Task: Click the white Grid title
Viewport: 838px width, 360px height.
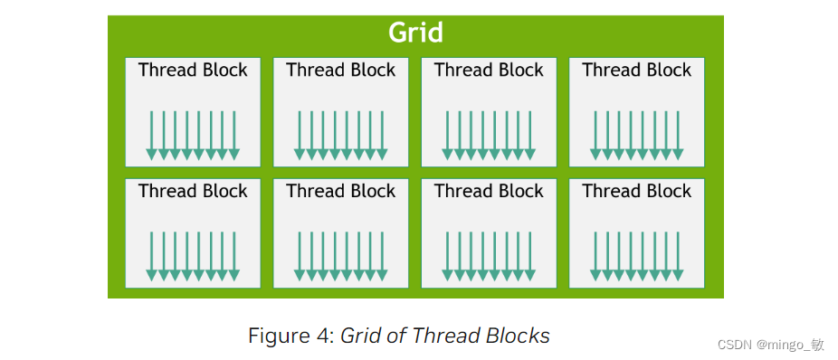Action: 415,33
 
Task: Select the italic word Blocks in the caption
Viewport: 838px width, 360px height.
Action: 517,336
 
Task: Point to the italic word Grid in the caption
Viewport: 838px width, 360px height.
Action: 360,336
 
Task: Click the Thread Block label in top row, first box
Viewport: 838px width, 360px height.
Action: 193,71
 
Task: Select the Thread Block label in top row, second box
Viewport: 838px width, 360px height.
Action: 341,71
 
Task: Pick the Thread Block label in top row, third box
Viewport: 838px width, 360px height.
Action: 489,71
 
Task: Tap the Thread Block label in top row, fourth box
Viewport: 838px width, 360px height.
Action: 637,71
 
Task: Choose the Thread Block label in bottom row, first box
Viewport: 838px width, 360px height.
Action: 193,192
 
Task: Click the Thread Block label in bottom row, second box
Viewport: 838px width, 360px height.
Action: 341,192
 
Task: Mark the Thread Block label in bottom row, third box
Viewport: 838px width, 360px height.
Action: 489,192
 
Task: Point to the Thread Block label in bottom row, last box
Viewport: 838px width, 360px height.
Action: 637,192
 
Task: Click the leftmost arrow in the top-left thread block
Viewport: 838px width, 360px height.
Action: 152,135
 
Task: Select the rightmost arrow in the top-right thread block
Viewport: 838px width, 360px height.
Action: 678,135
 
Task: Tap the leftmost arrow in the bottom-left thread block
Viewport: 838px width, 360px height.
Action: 152,256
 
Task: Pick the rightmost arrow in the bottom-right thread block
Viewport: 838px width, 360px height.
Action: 678,256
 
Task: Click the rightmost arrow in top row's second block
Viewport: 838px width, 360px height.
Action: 382,135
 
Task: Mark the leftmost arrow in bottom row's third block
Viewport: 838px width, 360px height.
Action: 448,256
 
